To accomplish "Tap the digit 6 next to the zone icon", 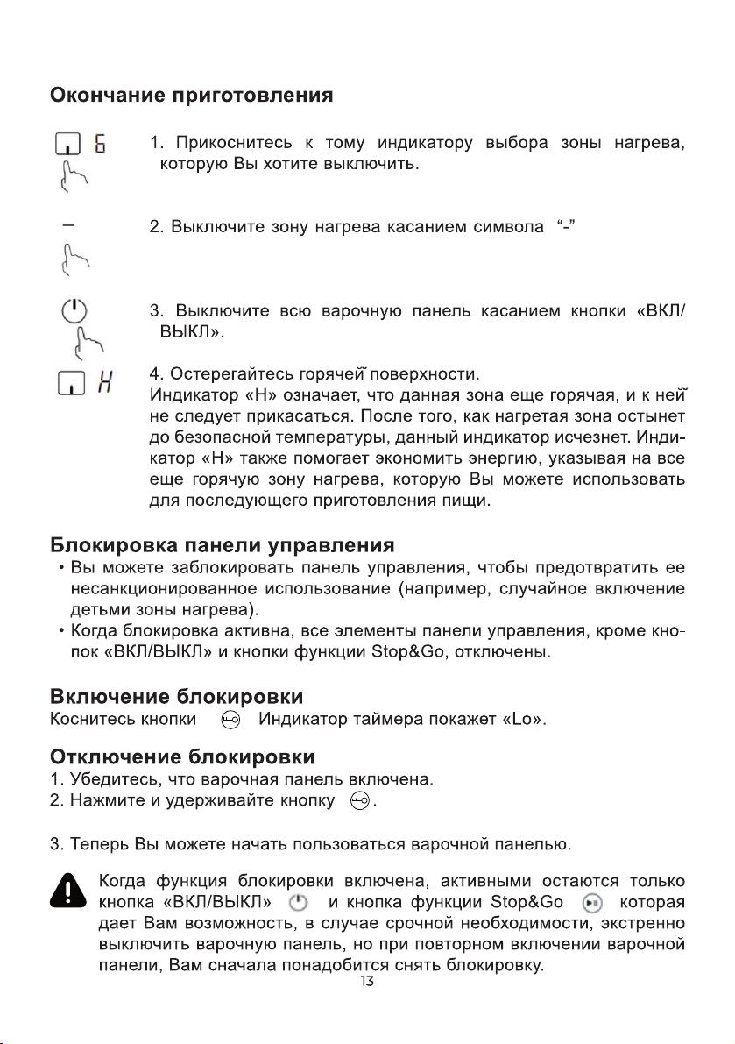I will click(x=100, y=143).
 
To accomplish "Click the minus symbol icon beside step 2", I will click(x=68, y=226).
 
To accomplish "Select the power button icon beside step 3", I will click(x=74, y=310).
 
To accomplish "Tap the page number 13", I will click(x=367, y=982).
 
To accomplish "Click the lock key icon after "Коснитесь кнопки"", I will click(x=230, y=721).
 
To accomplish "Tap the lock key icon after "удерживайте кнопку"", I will click(x=359, y=800).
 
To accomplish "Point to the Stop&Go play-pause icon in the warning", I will click(x=593, y=902).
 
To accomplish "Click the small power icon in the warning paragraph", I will click(x=299, y=902).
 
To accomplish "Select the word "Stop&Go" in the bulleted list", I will click(x=399, y=652).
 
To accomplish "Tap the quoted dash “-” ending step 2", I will click(x=565, y=228).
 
